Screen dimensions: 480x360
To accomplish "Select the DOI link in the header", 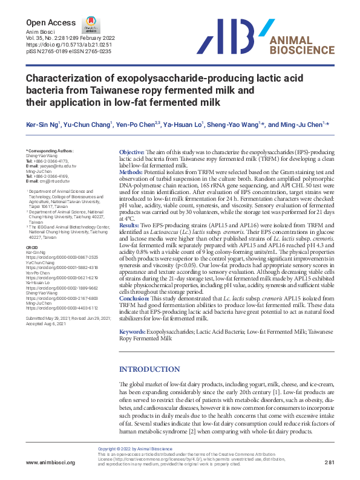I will point(62,45).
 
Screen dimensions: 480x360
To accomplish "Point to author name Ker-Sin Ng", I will point(43,124).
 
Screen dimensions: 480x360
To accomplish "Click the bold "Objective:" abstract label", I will point(132,152).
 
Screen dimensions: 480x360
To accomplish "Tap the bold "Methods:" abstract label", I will point(133,172).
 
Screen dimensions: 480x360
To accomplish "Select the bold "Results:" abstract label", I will point(131,224).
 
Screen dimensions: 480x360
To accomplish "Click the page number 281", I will point(330,462).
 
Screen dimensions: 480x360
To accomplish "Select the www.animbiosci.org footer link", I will point(51,462).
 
